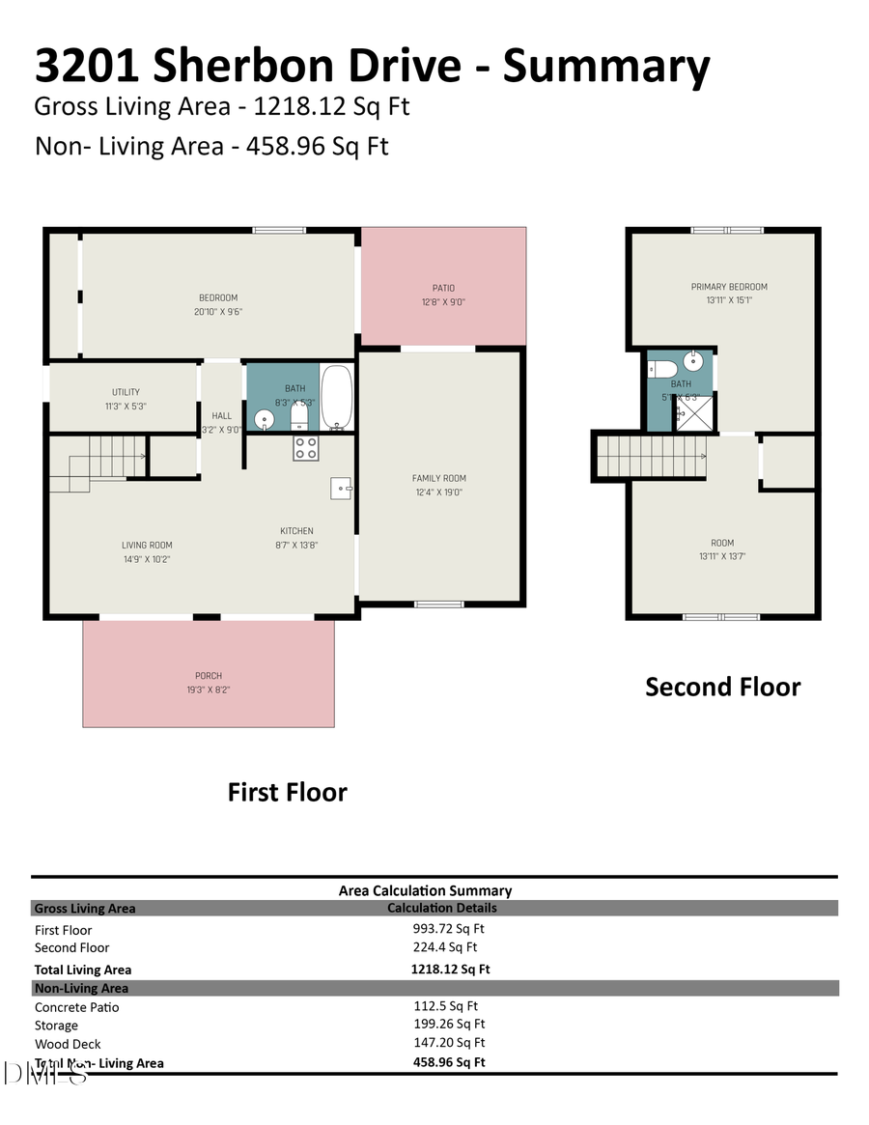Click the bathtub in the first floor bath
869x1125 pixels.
[x=337, y=396]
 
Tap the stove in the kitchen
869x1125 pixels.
[x=306, y=448]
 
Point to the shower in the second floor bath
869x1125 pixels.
[x=692, y=412]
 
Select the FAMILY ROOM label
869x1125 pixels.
[x=439, y=478]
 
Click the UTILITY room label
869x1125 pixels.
[x=126, y=392]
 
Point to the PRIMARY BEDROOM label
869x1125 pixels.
[x=729, y=287]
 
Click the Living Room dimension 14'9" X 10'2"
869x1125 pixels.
[x=147, y=559]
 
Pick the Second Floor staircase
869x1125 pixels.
[x=650, y=456]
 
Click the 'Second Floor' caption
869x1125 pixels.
[x=722, y=687]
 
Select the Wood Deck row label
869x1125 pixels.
[x=68, y=1044]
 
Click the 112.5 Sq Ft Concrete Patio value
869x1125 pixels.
[x=445, y=1006]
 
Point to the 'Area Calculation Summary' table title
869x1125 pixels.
[x=425, y=890]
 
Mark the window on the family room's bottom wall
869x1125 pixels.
[x=439, y=605]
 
